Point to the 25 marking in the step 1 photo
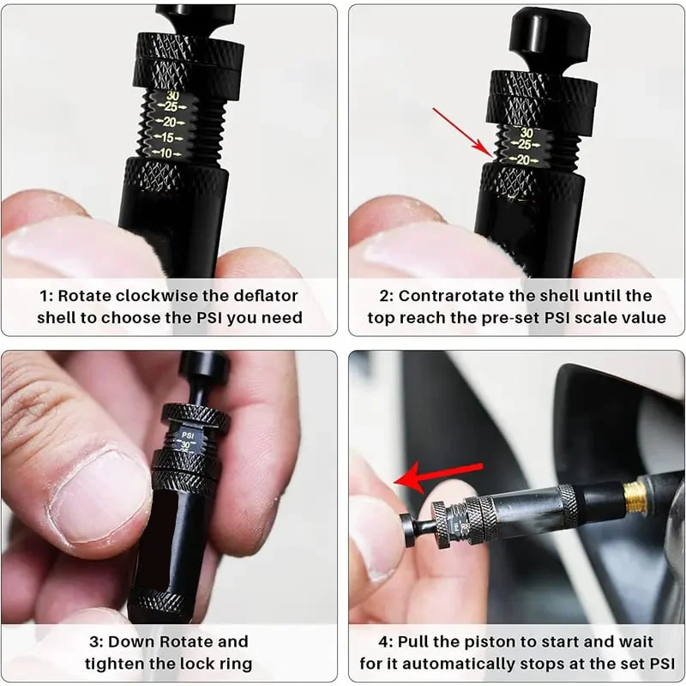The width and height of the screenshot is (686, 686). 172,107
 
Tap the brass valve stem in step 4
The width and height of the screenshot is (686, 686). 635,498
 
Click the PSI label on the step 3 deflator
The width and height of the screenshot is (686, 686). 186,435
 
